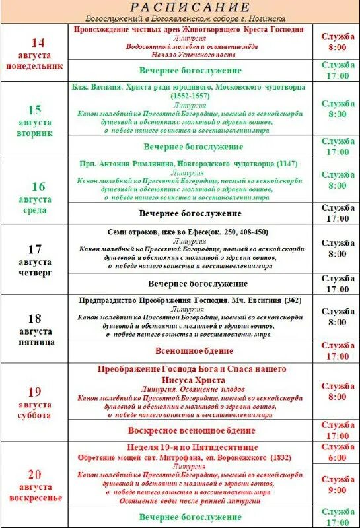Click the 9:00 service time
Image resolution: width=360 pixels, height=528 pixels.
(x=337, y=490)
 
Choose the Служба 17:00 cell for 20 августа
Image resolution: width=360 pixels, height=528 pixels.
(x=337, y=517)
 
